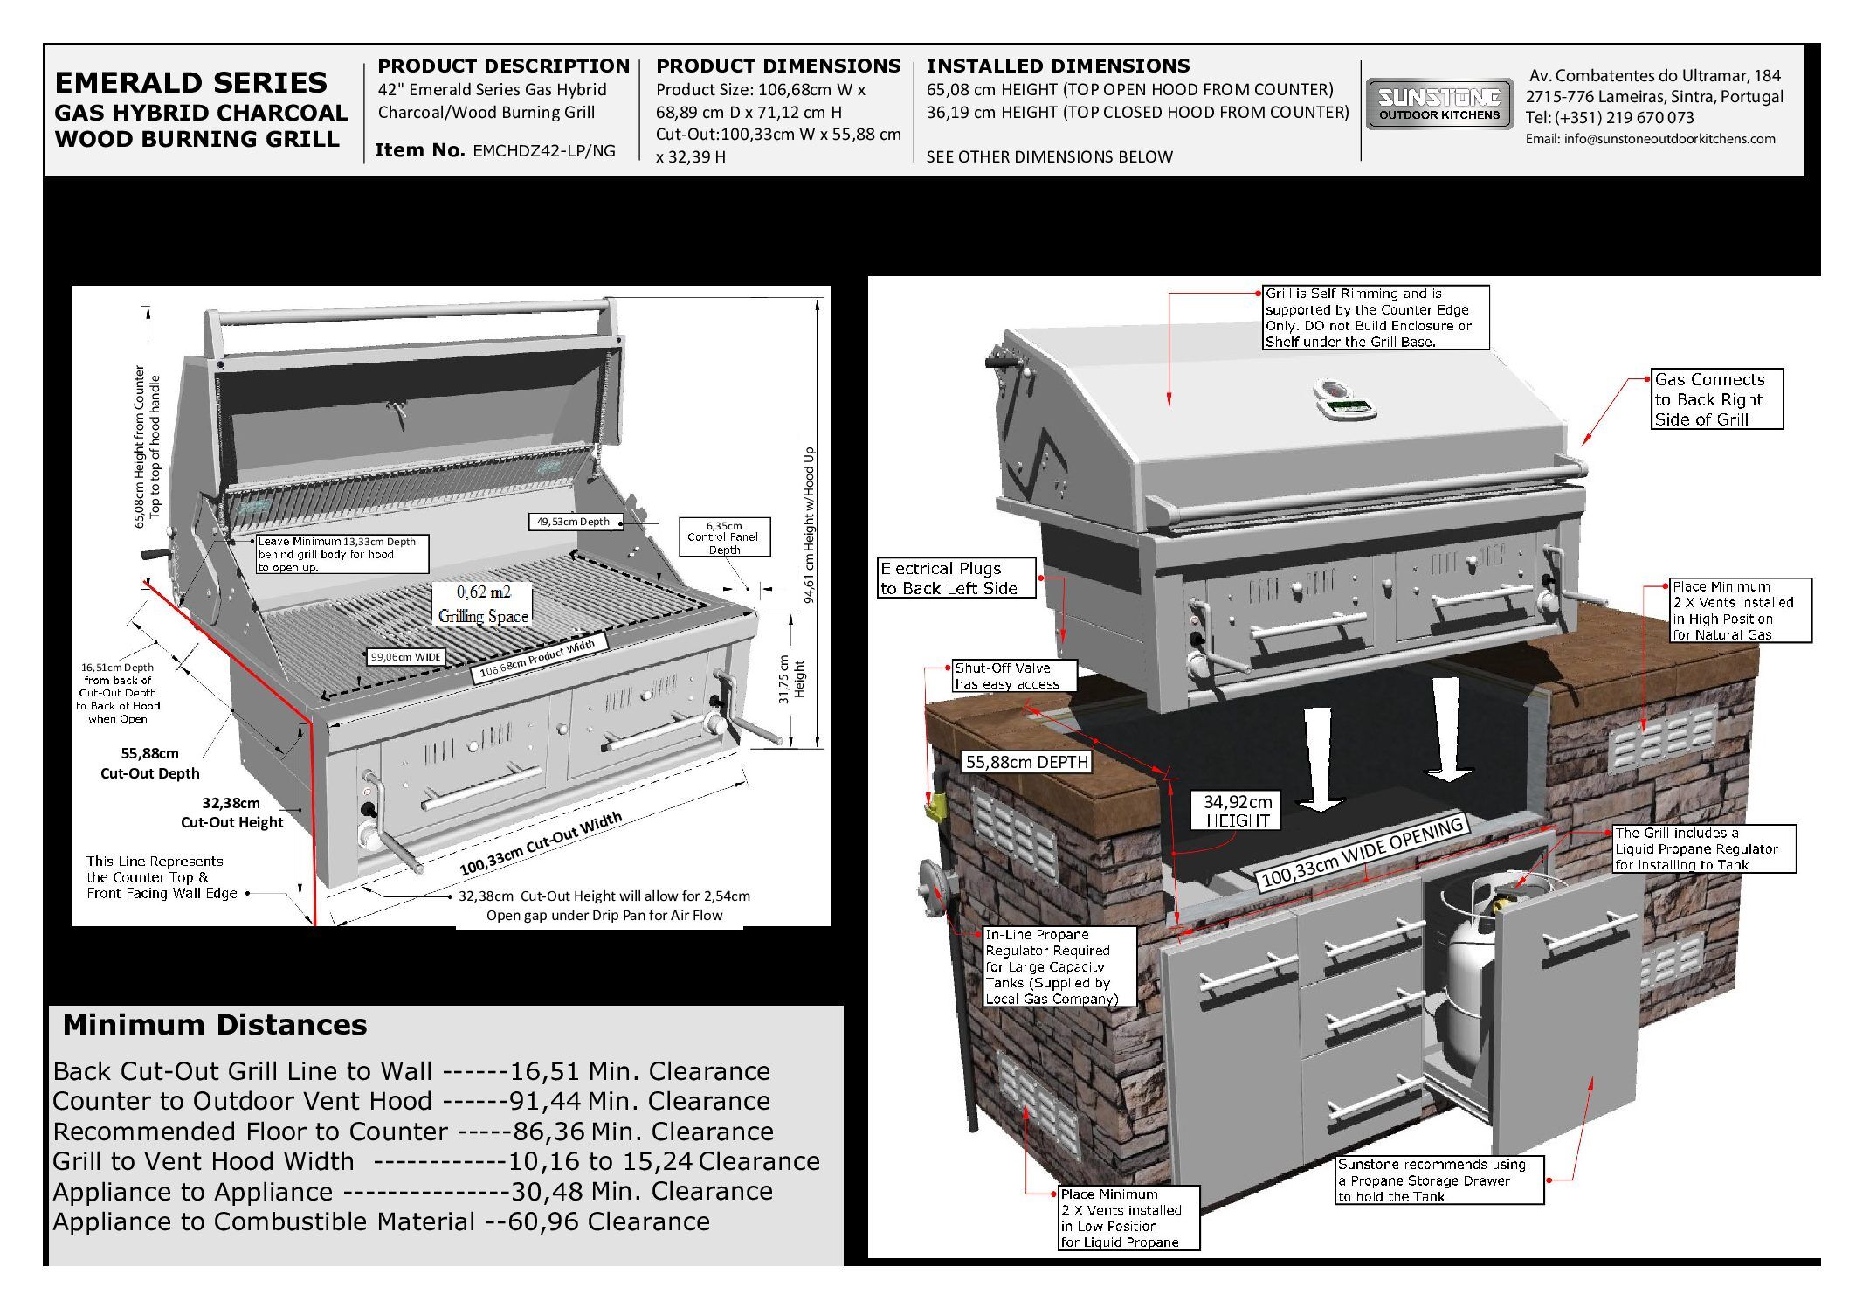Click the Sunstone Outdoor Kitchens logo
tap(1438, 105)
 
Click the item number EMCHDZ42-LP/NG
tap(543, 150)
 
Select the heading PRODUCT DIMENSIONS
tap(777, 66)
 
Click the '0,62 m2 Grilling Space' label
tap(483, 604)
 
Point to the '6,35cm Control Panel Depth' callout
tap(725, 537)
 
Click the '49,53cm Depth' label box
tap(574, 522)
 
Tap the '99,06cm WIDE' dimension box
tap(405, 657)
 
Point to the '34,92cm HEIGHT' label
tap(1237, 811)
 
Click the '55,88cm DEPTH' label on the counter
tap(1026, 762)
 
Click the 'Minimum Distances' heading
tap(215, 1025)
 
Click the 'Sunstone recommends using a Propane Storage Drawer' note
tap(1438, 1180)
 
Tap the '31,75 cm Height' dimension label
tap(791, 679)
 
